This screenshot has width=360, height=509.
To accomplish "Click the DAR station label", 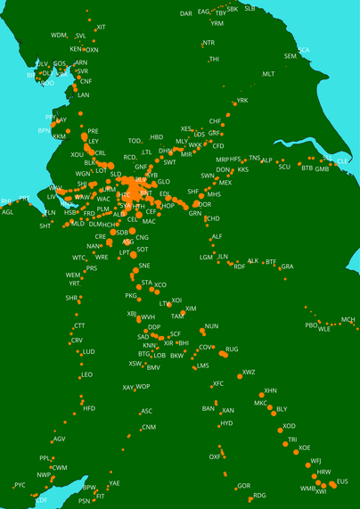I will [x=186, y=13].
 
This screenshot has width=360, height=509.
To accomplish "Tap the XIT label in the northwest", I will [x=101, y=28].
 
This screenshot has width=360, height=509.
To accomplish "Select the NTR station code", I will [x=209, y=43].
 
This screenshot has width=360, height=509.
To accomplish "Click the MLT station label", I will [x=269, y=74].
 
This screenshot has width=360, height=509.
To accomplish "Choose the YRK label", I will [x=242, y=101].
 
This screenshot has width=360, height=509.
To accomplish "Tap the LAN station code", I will [x=84, y=94].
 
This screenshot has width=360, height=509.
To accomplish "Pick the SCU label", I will [x=284, y=167].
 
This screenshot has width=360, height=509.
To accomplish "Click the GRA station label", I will [x=287, y=267].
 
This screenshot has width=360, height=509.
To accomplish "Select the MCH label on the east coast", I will [x=348, y=319].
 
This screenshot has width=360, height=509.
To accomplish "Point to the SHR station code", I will [x=72, y=298].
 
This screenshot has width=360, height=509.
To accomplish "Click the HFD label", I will [x=89, y=408].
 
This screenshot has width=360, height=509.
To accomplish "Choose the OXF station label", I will [x=215, y=456].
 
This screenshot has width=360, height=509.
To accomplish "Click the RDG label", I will [x=260, y=495].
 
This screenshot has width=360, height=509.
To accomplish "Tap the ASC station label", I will [x=147, y=411].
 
